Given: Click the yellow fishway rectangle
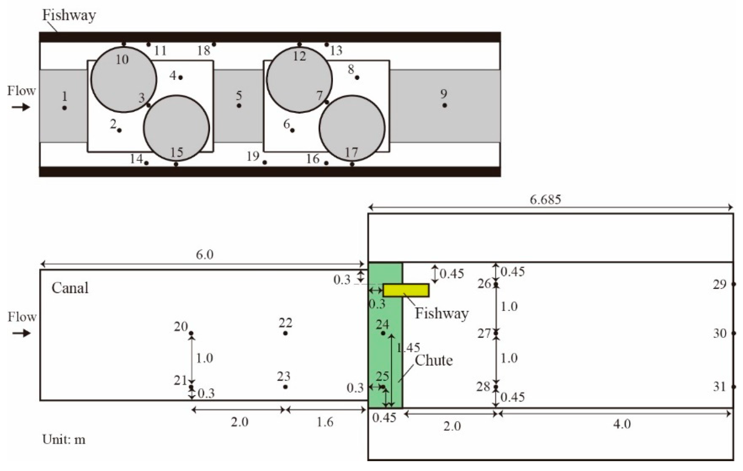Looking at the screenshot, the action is click(x=406, y=291).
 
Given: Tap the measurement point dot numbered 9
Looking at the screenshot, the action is click(x=445, y=105).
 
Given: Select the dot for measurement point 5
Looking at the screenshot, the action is click(x=239, y=106).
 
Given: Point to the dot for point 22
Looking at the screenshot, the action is click(x=285, y=333).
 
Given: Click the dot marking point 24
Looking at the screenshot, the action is click(x=383, y=333).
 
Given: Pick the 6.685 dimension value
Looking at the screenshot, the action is click(x=545, y=200).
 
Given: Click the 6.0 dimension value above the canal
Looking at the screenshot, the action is click(x=204, y=255).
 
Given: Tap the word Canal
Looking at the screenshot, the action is click(x=70, y=288).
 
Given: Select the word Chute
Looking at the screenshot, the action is click(x=434, y=361).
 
